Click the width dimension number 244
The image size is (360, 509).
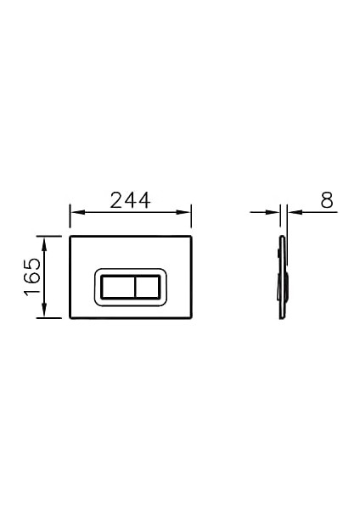(129, 200)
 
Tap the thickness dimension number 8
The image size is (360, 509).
(326, 200)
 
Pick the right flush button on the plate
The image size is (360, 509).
(149, 288)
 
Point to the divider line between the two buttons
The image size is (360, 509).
(133, 288)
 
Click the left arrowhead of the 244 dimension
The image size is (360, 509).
(74, 212)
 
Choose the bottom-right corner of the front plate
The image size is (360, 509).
(190, 317)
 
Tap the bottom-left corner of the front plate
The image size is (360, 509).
(70, 317)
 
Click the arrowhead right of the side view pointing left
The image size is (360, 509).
(293, 212)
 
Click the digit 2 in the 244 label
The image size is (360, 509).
(115, 200)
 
